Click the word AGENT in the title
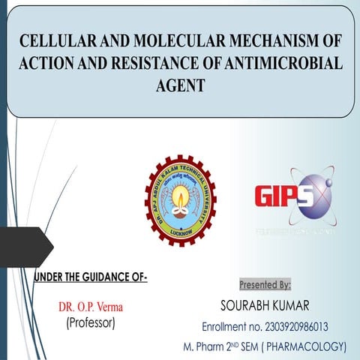tap(179, 86)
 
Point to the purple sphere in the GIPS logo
tap(311, 193)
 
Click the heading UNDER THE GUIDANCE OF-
tap(90, 279)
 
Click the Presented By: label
tap(265, 285)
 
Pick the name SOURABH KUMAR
tap(264, 306)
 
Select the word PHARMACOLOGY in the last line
tap(307, 346)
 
